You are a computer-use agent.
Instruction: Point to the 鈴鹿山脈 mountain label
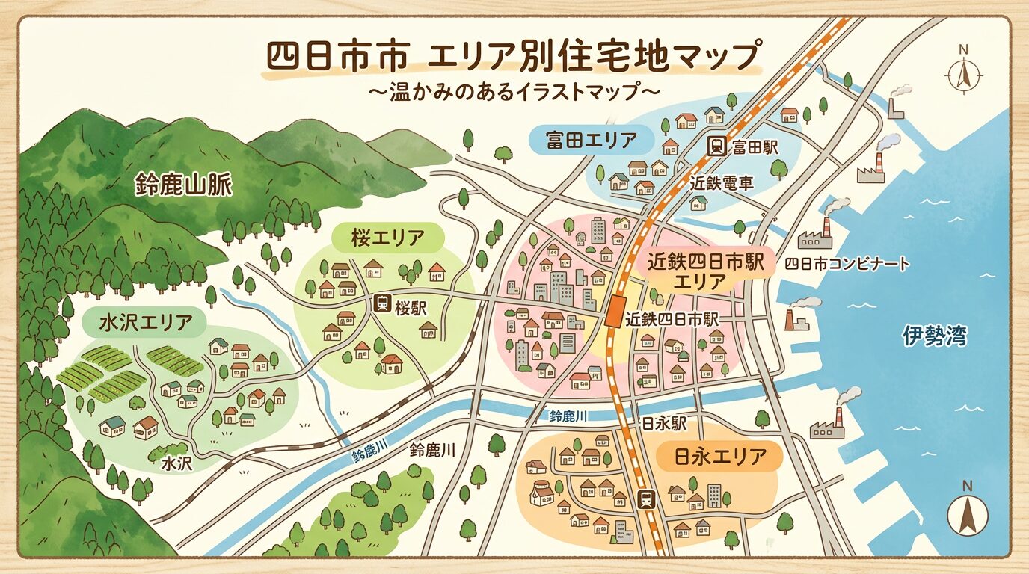(x=184, y=185)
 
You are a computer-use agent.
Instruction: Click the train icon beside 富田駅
(x=715, y=146)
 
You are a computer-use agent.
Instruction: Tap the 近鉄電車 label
(x=721, y=182)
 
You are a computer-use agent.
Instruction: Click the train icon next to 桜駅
(x=382, y=304)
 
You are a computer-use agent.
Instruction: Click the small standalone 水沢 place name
(x=177, y=463)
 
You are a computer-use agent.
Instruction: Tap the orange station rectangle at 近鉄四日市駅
(x=615, y=311)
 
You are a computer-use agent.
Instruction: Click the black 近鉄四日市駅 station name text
(x=673, y=319)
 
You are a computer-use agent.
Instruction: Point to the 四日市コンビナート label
(x=847, y=264)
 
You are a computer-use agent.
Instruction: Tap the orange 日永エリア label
(x=720, y=455)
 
